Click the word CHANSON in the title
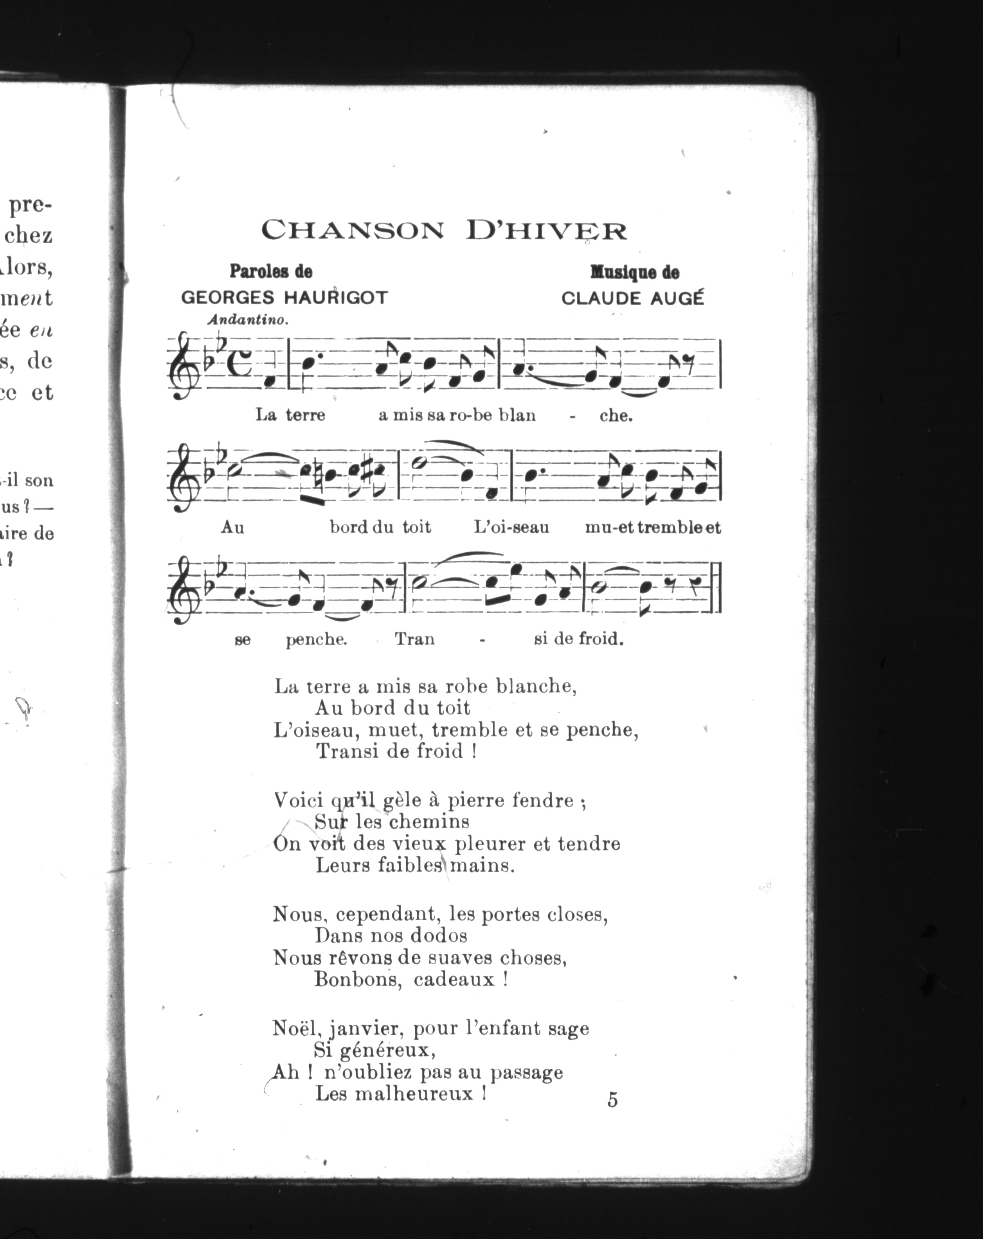click(353, 231)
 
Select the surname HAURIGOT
click(335, 298)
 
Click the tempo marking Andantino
click(247, 320)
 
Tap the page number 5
click(612, 1100)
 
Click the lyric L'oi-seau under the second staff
click(511, 527)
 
